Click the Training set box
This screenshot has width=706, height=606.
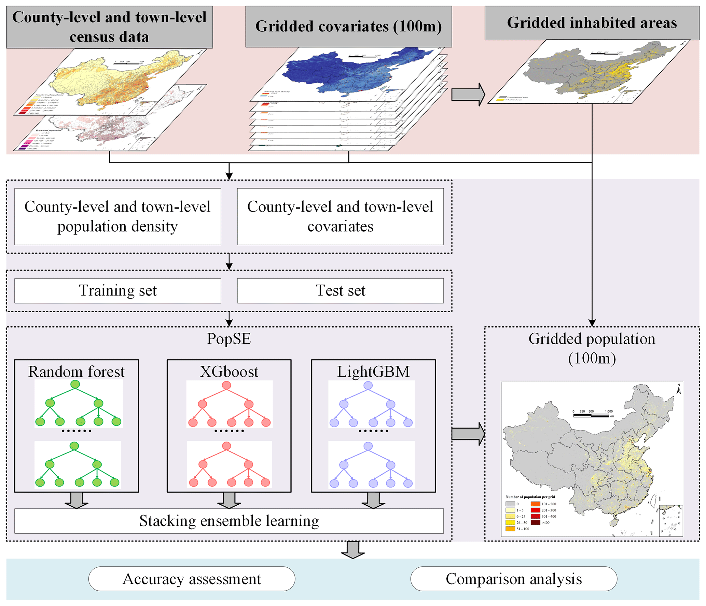coord(117,290)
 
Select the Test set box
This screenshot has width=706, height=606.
coord(340,290)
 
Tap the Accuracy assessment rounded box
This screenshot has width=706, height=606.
coord(192,579)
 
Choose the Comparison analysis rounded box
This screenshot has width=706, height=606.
coord(513,579)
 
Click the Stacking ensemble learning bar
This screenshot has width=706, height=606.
coord(229,521)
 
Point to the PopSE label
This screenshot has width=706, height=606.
coord(229,338)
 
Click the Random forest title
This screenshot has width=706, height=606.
coord(76,372)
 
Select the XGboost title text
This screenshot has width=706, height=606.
coord(229,372)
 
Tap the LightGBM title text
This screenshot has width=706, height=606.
coord(373,372)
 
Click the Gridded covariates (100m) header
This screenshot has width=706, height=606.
coord(348,26)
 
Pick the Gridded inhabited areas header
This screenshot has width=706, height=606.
coord(592,23)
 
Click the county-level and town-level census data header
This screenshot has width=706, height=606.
coord(109,27)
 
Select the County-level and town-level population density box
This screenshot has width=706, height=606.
coord(117,216)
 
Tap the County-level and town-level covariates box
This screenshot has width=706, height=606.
coord(340,216)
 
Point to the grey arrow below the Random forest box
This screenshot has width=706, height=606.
coord(76,500)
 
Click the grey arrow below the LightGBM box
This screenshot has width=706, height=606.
coord(373,500)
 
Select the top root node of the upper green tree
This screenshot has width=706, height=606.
coord(75,385)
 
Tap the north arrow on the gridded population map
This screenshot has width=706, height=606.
coord(678,389)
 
